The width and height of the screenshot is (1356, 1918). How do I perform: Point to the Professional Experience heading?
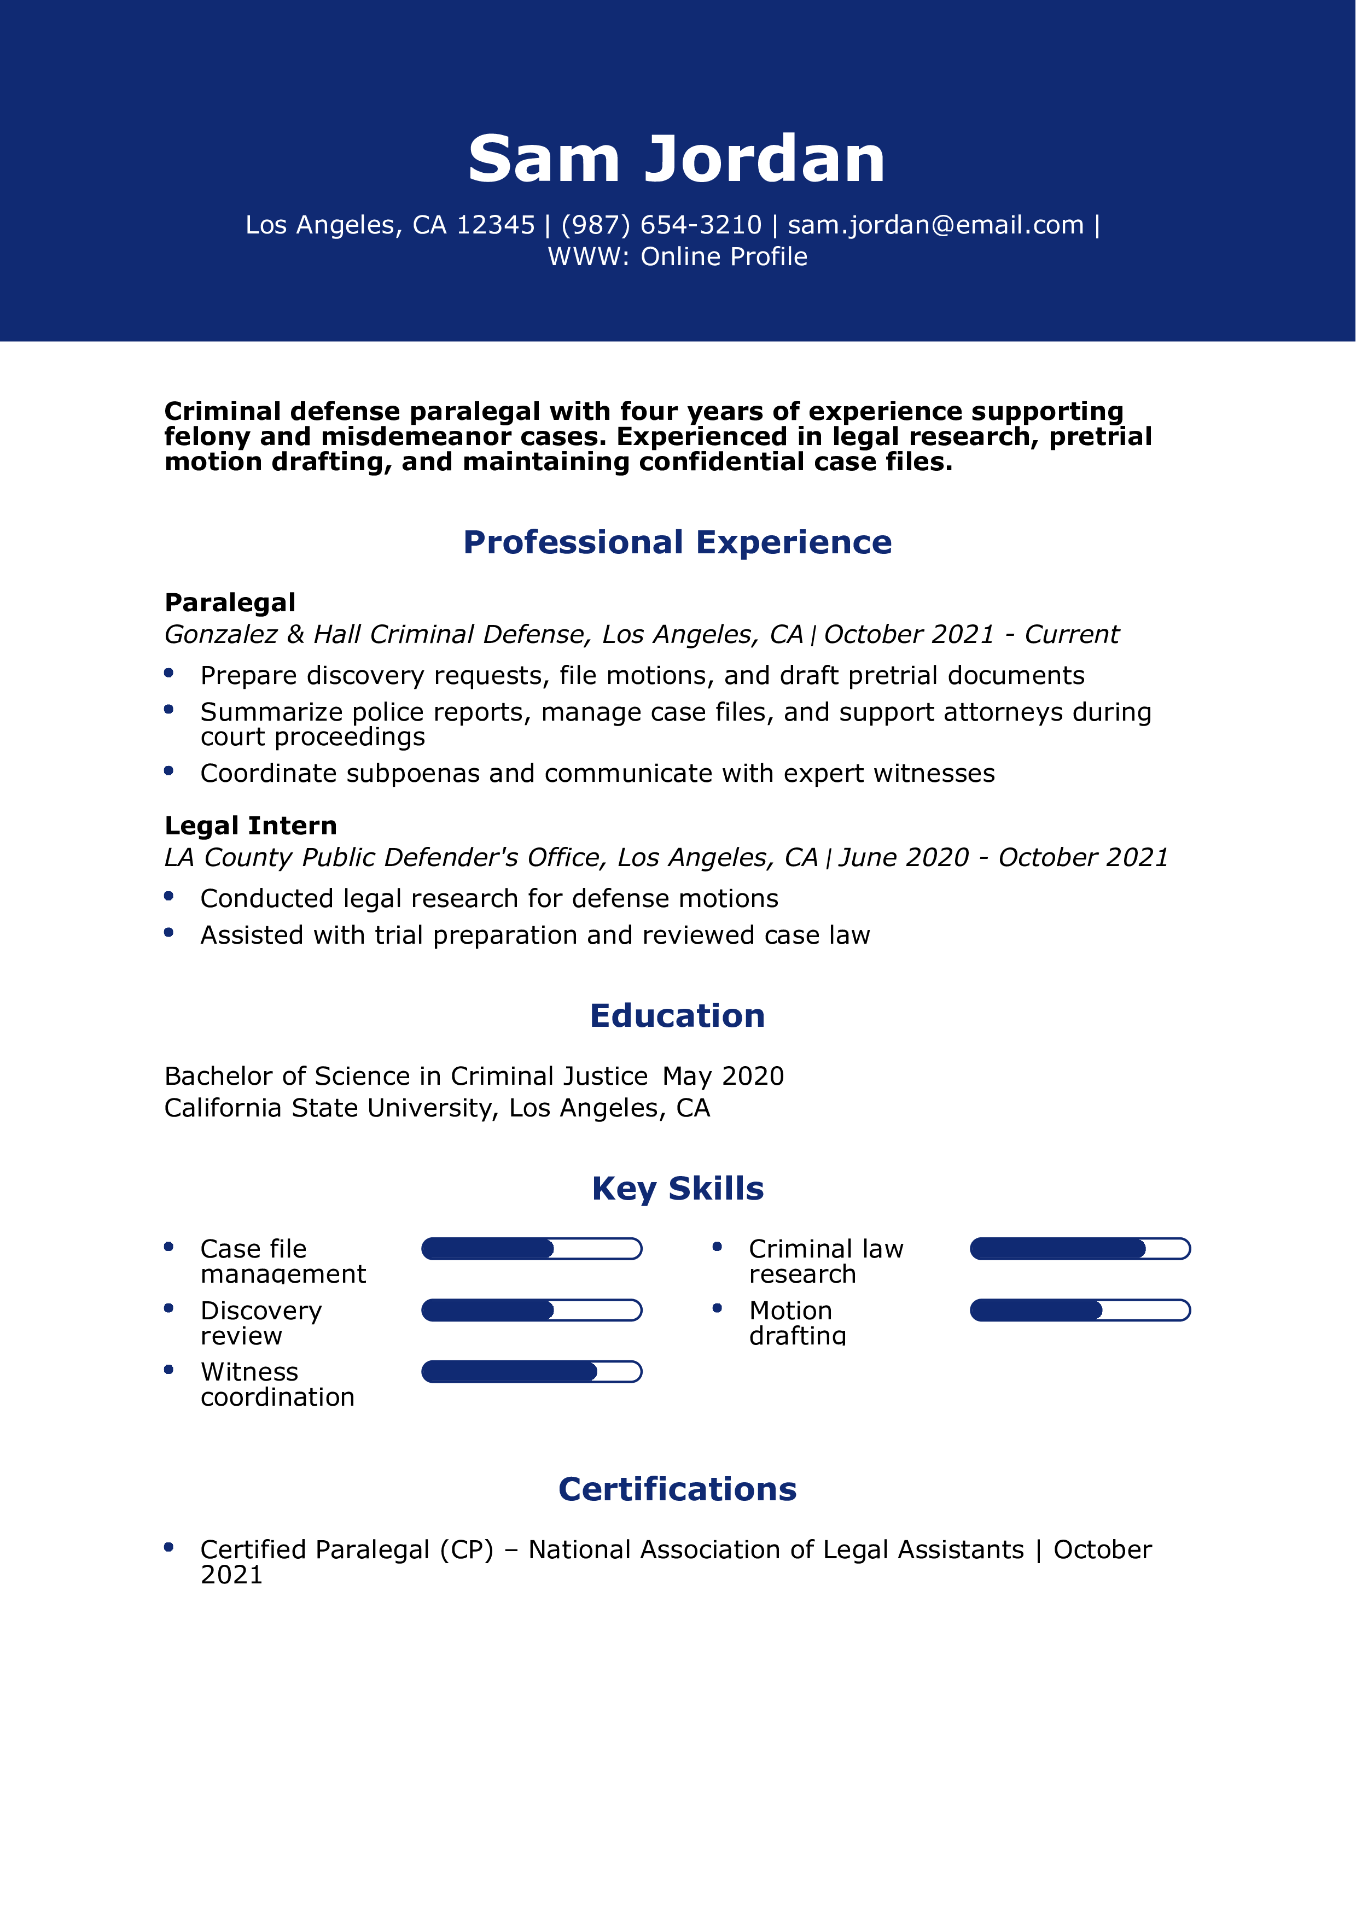pos(677,542)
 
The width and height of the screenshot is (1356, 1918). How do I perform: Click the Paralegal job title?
pos(230,603)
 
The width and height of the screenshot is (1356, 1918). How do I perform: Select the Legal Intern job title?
pos(251,826)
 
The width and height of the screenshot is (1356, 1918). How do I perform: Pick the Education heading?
pos(677,1016)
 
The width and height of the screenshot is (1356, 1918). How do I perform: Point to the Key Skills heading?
pos(677,1189)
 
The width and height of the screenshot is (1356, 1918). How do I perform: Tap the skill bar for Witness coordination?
pos(531,1372)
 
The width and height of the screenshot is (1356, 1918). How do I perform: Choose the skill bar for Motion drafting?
pos(1079,1310)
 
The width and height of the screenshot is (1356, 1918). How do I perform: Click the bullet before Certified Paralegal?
pos(169,1547)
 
